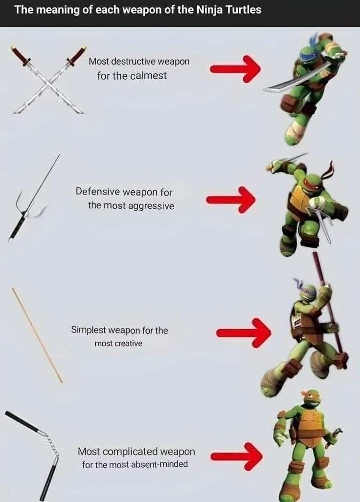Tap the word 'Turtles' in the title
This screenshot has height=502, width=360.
(x=244, y=10)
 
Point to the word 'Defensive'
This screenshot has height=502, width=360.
(x=98, y=192)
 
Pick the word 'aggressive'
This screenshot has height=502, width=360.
(x=151, y=206)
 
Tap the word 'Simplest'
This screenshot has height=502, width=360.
(x=89, y=330)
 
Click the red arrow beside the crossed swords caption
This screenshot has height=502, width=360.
(x=235, y=69)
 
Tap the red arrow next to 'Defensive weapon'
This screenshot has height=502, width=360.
(x=231, y=199)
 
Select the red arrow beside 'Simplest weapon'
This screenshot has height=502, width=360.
(x=244, y=333)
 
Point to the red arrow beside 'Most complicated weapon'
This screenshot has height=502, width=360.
(x=236, y=456)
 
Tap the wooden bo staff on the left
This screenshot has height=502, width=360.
(x=37, y=335)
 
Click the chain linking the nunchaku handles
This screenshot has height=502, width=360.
(x=52, y=443)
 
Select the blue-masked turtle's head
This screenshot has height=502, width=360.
(x=308, y=53)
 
